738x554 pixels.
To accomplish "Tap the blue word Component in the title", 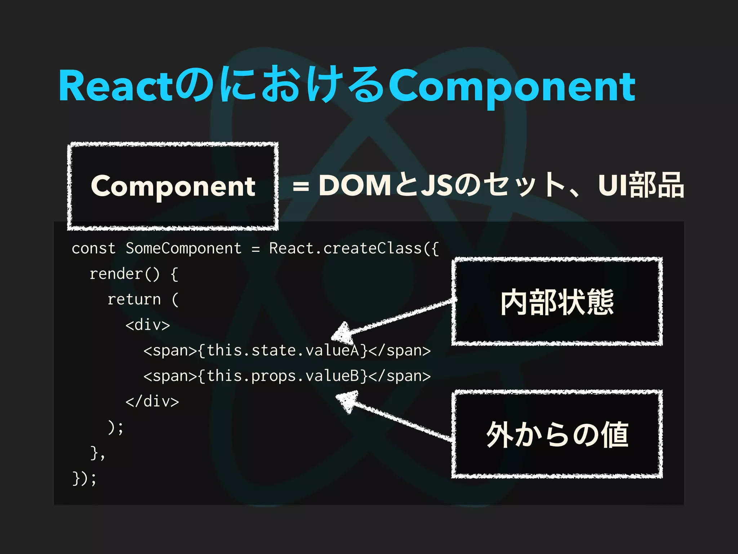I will tap(512, 86).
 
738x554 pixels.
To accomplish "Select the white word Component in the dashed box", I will tap(173, 186).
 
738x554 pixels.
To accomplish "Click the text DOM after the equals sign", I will tap(355, 185).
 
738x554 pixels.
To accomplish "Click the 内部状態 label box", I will tap(557, 302).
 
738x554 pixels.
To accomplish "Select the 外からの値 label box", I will tap(557, 434).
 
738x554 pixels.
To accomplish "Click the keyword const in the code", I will tap(94, 249).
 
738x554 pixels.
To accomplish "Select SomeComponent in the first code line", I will tap(183, 249).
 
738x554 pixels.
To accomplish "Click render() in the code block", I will tap(124, 274).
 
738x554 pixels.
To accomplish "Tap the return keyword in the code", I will tap(134, 300).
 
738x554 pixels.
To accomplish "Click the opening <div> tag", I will tap(148, 325).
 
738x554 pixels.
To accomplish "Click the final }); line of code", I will tap(84, 479).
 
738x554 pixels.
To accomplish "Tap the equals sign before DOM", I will tap(301, 187).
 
